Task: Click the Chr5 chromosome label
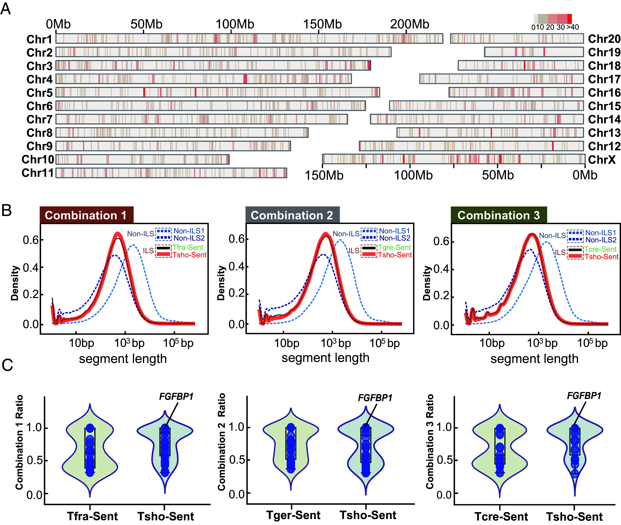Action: pos(39,93)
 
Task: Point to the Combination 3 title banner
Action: pos(499,215)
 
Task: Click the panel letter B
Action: pos(6,210)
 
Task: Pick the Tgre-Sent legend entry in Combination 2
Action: pos(394,247)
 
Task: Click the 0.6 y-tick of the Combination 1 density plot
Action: pos(31,240)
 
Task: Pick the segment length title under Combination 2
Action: pos(326,358)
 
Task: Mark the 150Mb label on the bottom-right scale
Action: pos(324,175)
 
